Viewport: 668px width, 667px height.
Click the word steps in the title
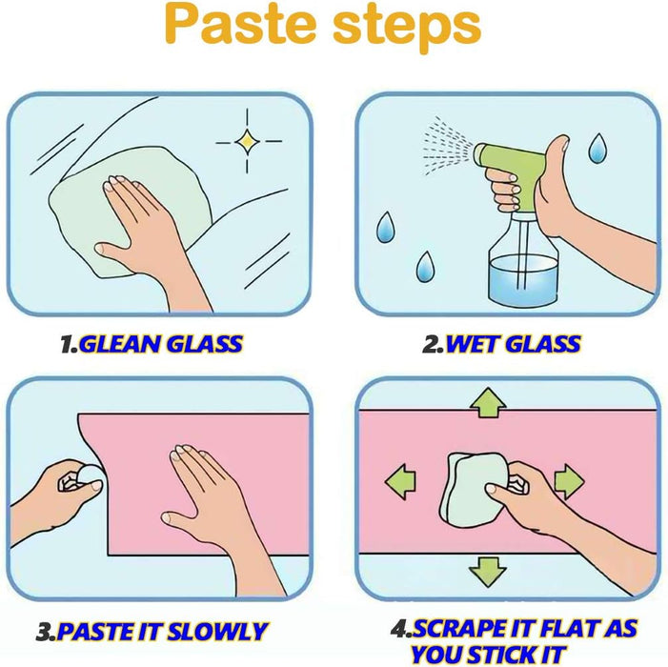(407, 29)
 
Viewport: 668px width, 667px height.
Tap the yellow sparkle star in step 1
(247, 141)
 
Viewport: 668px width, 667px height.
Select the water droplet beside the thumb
(597, 148)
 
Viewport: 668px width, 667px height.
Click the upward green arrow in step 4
(488, 402)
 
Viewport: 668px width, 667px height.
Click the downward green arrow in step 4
(488, 572)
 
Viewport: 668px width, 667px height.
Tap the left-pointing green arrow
(400, 482)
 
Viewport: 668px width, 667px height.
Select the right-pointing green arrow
(569, 481)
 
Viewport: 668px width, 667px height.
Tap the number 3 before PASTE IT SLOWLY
(45, 632)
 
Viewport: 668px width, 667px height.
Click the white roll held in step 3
(91, 477)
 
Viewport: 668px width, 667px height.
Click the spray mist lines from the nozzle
(447, 146)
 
